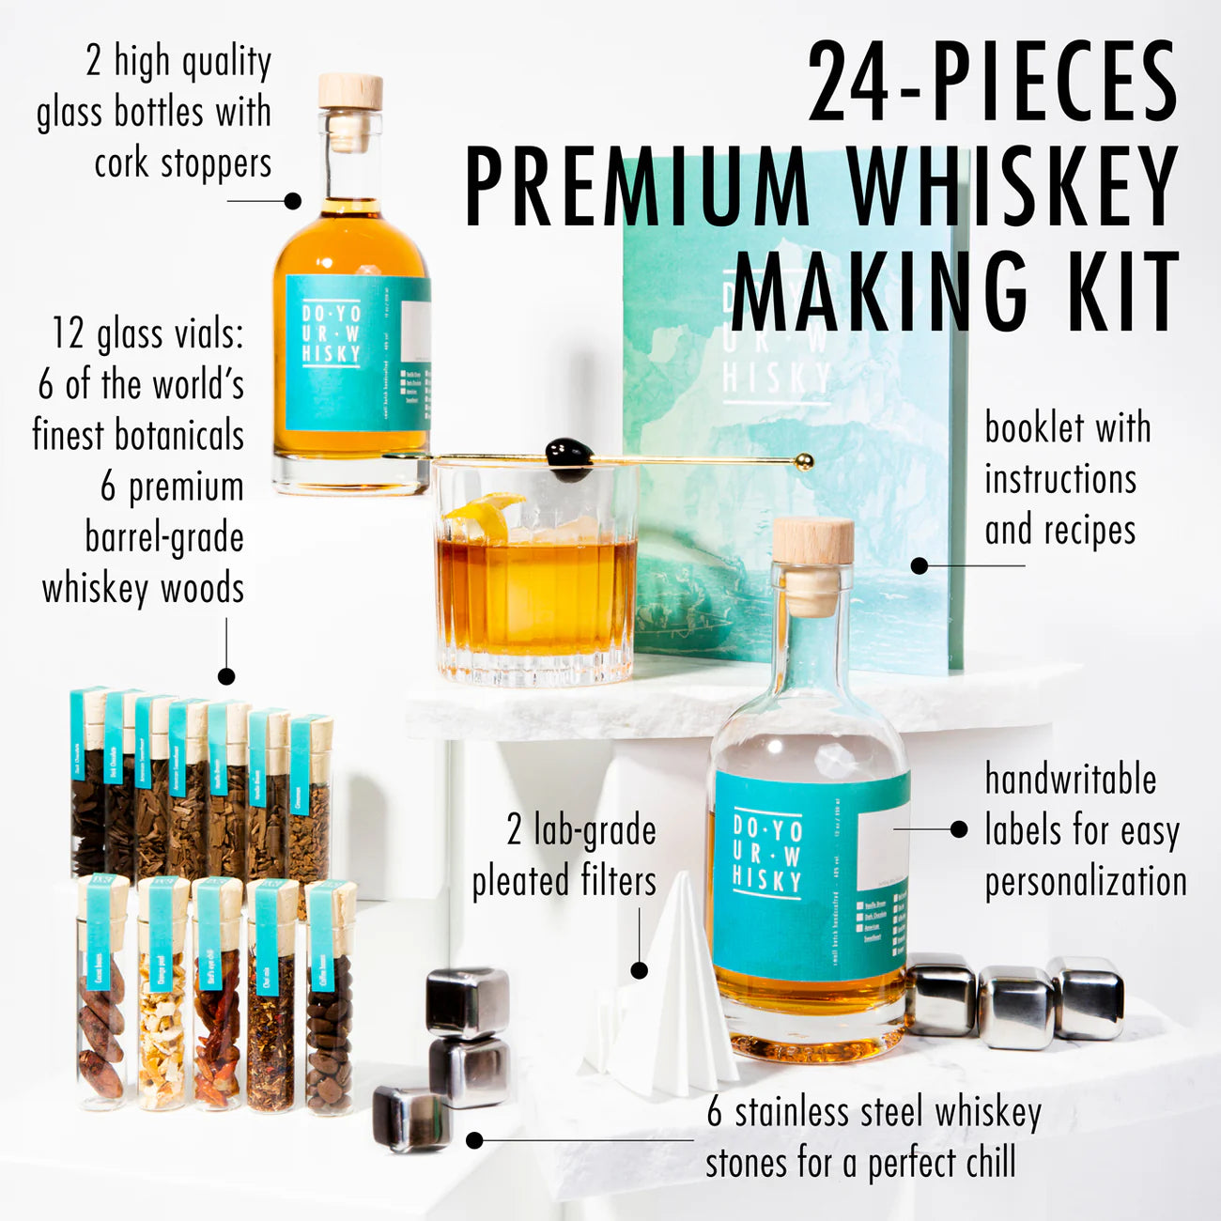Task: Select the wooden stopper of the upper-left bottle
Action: click(x=350, y=92)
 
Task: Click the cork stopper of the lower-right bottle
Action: click(x=812, y=542)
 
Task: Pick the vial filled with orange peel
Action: click(x=162, y=996)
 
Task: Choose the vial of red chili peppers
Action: click(x=216, y=996)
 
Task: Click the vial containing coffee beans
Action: click(x=330, y=1000)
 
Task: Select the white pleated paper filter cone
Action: click(x=671, y=996)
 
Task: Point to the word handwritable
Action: click(x=1070, y=780)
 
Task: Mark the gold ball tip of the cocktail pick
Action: click(x=803, y=461)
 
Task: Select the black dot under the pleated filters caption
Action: click(x=640, y=970)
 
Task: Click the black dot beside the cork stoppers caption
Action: click(x=293, y=200)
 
